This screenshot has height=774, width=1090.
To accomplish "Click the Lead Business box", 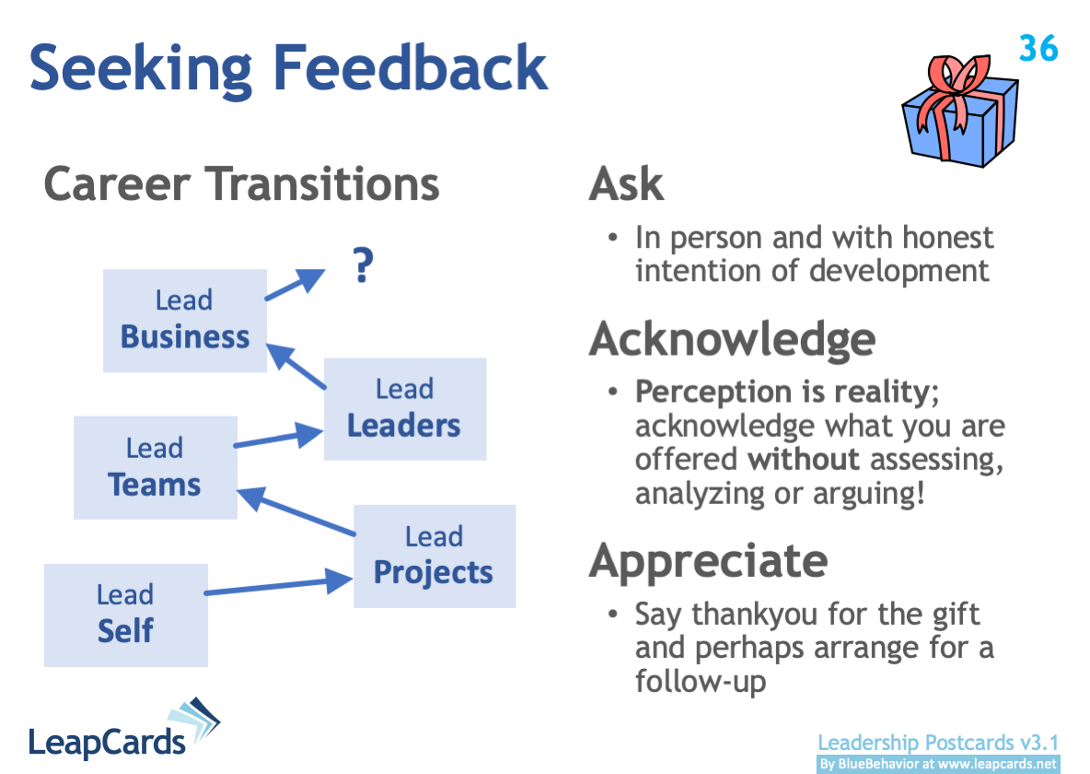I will [184, 320].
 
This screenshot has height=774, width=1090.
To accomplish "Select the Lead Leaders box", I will [404, 408].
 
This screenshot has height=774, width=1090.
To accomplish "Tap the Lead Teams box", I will [155, 467].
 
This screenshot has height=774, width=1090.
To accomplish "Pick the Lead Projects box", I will [434, 556].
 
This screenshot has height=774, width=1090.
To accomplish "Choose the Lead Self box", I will [125, 615].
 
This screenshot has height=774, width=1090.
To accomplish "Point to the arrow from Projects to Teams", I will [296, 513].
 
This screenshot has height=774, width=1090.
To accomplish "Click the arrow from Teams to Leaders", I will [278, 438].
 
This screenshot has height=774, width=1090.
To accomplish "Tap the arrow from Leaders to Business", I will [296, 367].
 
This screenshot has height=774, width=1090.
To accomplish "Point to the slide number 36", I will [1038, 48].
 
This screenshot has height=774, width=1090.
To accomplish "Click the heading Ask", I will [626, 184].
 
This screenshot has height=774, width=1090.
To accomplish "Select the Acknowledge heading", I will [732, 339].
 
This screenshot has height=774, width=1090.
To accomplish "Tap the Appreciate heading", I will [708, 559].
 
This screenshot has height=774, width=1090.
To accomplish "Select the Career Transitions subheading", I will [241, 183].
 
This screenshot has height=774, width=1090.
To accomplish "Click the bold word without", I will [803, 458].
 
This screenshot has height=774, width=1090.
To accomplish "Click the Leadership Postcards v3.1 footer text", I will [938, 743].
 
